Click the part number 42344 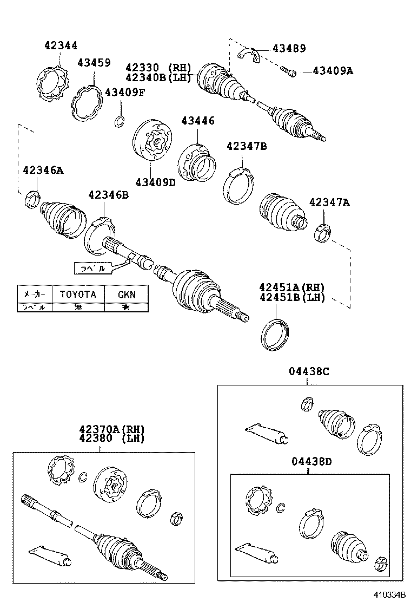[61, 46]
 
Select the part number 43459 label [94, 63]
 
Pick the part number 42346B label [109, 195]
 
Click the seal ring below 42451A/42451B [276, 335]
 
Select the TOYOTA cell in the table [77, 295]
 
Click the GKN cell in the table [126, 295]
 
